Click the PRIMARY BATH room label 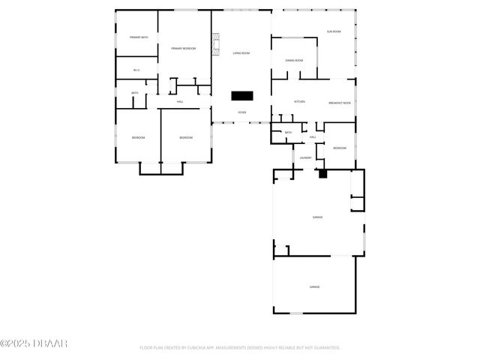click(139, 37)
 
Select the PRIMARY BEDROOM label click(183, 49)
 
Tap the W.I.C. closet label click(136, 70)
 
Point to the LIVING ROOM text click(241, 53)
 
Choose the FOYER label click(242, 112)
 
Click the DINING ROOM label click(294, 60)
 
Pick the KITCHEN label click(299, 102)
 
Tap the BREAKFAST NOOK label click(340, 103)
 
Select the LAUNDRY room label click(305, 157)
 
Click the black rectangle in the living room click(242, 95)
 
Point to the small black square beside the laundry click(323, 173)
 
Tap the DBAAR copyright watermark click(34, 343)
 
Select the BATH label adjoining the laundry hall click(287, 133)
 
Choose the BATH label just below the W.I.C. click(135, 93)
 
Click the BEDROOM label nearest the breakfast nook click(340, 148)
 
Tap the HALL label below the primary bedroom click(181, 102)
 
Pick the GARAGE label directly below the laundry click(317, 217)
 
